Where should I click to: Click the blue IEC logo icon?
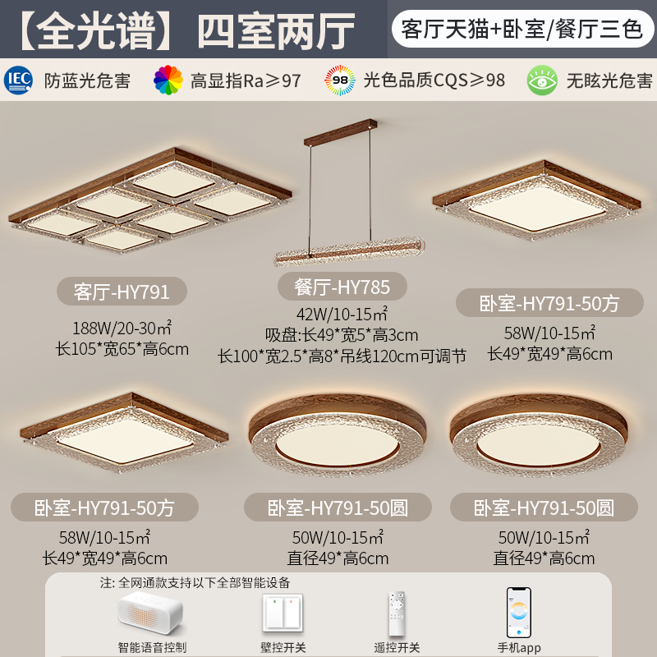[x=18, y=80]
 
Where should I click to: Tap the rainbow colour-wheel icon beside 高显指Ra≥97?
[x=168, y=80]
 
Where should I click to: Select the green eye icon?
[x=542, y=80]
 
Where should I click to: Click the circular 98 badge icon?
[x=340, y=80]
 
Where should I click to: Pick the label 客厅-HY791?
[x=122, y=292]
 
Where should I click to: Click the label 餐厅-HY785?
[x=342, y=287]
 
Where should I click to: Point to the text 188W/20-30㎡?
[x=122, y=328]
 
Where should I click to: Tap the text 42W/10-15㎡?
[x=342, y=314]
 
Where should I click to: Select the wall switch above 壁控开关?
[x=283, y=613]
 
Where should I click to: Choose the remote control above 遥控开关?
[x=397, y=613]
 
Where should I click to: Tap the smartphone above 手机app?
[x=519, y=612]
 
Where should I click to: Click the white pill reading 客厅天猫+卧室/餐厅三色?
[x=522, y=29]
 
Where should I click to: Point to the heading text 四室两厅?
[x=277, y=30]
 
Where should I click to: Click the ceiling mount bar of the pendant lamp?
[x=340, y=132]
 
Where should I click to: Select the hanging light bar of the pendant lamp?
[x=349, y=250]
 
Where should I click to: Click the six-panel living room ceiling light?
[x=149, y=201]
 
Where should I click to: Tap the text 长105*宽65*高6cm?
[x=122, y=349]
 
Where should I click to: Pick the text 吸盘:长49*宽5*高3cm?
[x=342, y=335]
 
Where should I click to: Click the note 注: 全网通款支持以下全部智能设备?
[x=195, y=582]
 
